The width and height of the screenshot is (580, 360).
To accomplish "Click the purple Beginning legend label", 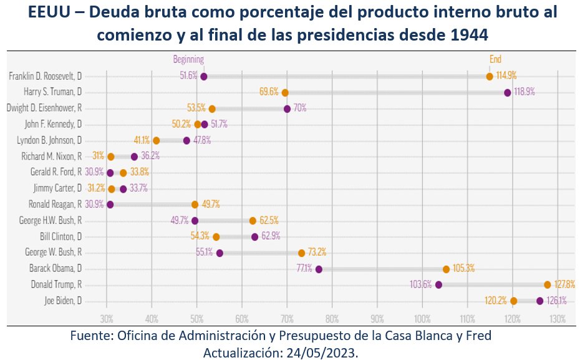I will point(188,59).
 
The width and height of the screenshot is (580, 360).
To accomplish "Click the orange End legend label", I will point(495,59).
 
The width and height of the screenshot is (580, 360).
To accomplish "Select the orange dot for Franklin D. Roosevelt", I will point(490,76).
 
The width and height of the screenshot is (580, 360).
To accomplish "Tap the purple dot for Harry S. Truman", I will point(508,92).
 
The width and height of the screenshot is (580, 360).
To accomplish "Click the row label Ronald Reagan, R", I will point(56,204).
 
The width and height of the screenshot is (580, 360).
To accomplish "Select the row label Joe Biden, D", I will point(64,301).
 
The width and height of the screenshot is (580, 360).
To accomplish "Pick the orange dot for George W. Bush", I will point(302,253).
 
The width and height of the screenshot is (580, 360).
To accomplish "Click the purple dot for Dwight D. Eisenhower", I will point(287,109).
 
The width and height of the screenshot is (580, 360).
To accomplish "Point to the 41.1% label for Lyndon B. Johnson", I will point(141,140).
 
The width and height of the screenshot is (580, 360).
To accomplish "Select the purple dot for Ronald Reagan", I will point(110,204).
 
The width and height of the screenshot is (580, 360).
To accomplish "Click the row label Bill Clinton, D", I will point(62,236).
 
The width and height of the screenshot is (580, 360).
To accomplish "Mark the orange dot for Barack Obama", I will point(446,269).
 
